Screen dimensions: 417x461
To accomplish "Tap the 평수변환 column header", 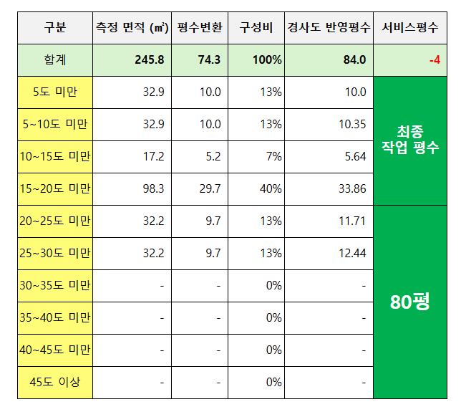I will [200, 29].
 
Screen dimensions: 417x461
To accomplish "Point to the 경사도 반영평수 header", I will [327, 29].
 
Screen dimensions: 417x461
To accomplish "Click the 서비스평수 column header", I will [409, 29].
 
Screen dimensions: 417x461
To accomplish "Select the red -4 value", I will [434, 60].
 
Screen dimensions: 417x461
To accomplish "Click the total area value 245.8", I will [149, 60].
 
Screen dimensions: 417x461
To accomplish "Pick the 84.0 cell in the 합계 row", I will [354, 60].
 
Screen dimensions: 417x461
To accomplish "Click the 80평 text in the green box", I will [409, 302].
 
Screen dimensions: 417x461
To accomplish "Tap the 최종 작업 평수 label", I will [409, 140].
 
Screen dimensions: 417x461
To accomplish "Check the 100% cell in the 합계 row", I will [266, 60].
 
